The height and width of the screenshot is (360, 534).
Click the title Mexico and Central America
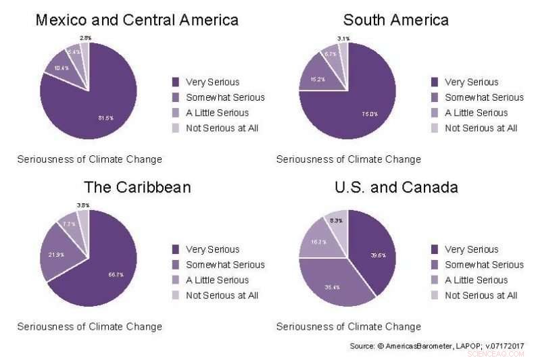click(x=137, y=20)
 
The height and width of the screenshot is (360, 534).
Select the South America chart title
click(x=395, y=20)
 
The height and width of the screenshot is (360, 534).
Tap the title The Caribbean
click(x=137, y=187)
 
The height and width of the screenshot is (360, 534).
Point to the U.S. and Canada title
click(x=396, y=187)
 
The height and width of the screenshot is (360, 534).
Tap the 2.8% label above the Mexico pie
click(x=86, y=38)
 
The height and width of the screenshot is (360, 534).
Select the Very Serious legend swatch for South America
click(x=435, y=82)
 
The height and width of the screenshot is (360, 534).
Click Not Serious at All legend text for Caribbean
click(x=222, y=295)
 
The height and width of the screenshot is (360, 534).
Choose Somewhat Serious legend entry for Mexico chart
click(x=225, y=97)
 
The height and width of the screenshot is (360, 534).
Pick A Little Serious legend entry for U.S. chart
click(x=476, y=280)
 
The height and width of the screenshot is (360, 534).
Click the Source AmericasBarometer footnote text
click(x=436, y=346)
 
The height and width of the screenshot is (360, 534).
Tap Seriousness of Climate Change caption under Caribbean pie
click(x=89, y=327)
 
